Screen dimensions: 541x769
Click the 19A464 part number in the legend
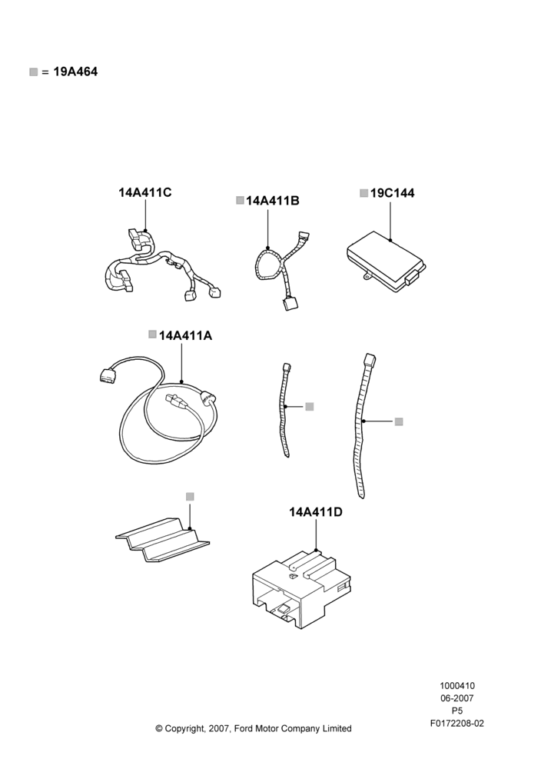[75, 72]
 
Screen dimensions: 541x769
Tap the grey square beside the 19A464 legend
[33, 72]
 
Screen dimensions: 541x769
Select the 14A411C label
[145, 192]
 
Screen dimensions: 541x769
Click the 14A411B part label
[273, 201]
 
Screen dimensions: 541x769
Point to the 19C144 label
[392, 193]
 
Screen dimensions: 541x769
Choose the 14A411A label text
[186, 335]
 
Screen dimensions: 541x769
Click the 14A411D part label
[316, 512]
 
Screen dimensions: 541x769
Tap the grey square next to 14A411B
[240, 200]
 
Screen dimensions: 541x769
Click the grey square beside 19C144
[363, 193]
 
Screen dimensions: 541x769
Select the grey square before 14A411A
[152, 335]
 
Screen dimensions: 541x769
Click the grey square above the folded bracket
[190, 497]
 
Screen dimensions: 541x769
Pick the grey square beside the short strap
[309, 407]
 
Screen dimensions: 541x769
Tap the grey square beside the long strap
[399, 421]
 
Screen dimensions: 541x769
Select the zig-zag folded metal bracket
[162, 538]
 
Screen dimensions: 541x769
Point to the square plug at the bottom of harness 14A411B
[289, 303]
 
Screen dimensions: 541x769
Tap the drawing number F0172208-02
[456, 723]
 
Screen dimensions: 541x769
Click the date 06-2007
[456, 698]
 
